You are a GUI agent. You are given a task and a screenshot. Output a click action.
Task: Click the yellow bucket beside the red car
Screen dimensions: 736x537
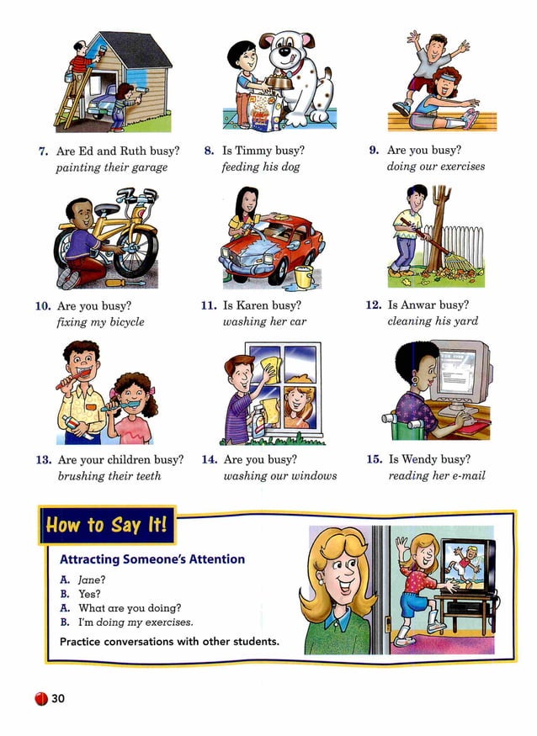point(304,276)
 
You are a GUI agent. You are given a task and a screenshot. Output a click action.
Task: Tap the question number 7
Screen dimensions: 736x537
point(42,151)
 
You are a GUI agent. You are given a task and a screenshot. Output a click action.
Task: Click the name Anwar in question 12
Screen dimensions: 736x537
point(430,305)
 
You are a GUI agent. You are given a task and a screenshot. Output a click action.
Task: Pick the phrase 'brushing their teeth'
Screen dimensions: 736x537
point(109,476)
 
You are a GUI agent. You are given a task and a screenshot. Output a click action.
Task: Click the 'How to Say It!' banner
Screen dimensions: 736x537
point(106,527)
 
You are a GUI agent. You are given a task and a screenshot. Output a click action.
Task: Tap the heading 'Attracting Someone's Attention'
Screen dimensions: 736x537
point(152,559)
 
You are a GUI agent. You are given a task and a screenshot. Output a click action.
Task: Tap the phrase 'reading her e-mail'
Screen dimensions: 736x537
point(436,476)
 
